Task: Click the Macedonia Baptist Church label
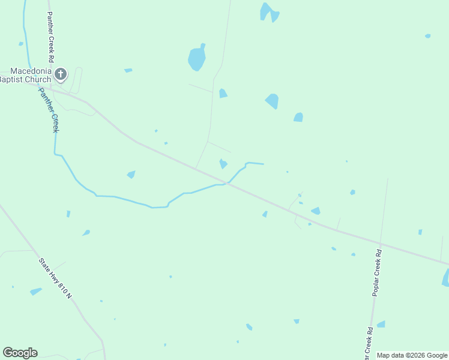click(26, 74)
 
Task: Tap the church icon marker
click(60, 74)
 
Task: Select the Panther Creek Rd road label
click(50, 36)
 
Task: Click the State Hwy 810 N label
click(55, 278)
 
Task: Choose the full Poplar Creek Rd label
click(377, 272)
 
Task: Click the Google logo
click(20, 353)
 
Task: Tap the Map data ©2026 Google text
click(412, 355)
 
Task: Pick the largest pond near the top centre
click(197, 58)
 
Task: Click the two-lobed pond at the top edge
click(268, 12)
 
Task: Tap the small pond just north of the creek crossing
click(223, 163)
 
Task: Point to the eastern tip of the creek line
click(263, 164)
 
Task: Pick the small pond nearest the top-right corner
click(427, 36)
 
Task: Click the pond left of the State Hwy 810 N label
click(36, 291)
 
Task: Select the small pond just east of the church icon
click(128, 71)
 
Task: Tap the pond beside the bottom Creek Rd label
click(381, 324)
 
